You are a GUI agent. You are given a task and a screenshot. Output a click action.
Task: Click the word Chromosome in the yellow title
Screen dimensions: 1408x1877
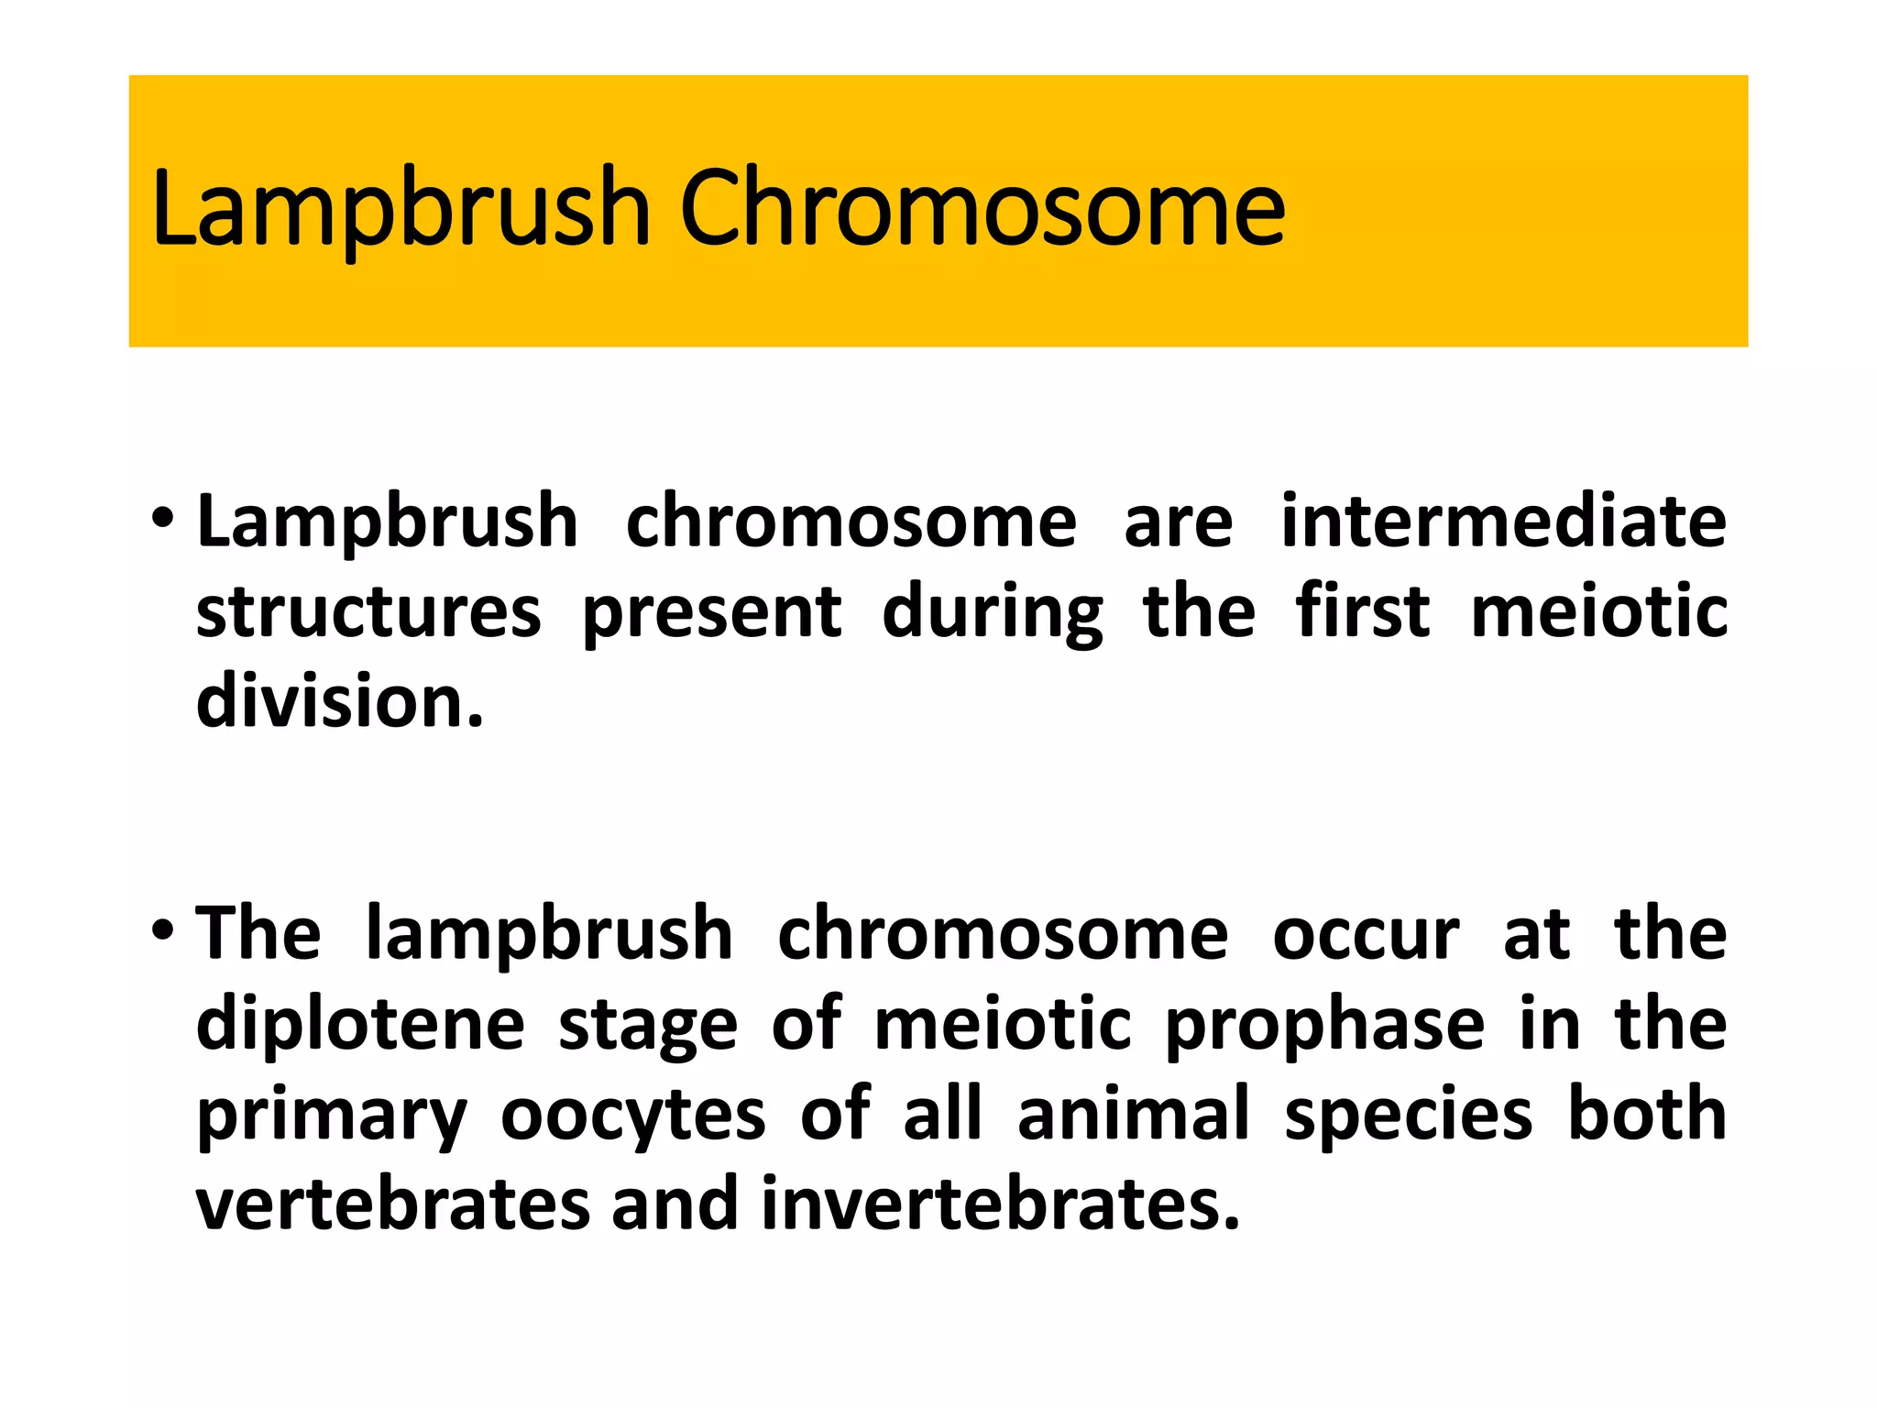click(982, 209)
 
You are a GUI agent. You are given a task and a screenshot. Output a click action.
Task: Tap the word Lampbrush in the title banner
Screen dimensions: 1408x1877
click(401, 209)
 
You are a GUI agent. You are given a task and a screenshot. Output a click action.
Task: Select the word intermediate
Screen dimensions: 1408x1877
click(1503, 522)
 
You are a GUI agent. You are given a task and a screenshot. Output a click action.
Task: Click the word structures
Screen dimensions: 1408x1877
click(368, 612)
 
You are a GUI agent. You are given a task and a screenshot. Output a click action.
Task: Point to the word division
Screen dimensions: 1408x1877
click(339, 702)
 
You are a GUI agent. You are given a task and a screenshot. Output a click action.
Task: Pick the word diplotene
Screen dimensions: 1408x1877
click(360, 1024)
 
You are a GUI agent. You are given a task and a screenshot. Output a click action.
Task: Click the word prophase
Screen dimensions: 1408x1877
click(1324, 1024)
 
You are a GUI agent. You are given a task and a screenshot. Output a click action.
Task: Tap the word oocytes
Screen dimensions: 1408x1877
click(632, 1114)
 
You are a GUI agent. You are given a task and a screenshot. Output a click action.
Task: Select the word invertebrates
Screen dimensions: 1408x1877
click(1000, 1204)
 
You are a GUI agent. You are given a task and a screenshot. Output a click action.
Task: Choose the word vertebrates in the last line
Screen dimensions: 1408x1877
click(393, 1204)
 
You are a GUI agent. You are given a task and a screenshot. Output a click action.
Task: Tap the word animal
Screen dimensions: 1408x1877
click(1134, 1114)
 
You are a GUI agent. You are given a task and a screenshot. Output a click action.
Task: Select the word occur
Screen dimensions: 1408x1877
click(1366, 935)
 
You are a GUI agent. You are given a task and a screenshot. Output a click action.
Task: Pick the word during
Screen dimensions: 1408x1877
click(993, 612)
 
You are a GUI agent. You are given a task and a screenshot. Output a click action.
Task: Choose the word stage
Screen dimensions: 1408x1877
click(648, 1026)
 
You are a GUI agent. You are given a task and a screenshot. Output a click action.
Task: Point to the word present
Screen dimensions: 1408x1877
click(712, 612)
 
